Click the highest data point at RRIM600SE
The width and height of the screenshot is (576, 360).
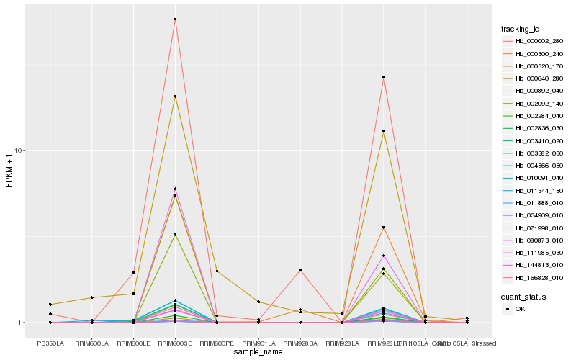point(175,19)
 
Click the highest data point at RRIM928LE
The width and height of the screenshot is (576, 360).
point(384,77)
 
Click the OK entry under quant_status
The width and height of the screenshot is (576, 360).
point(520,308)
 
